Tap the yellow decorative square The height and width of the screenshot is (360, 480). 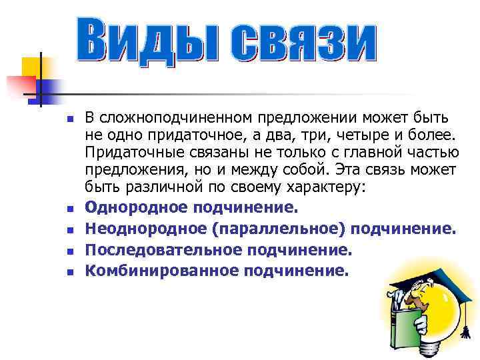[32, 67]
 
